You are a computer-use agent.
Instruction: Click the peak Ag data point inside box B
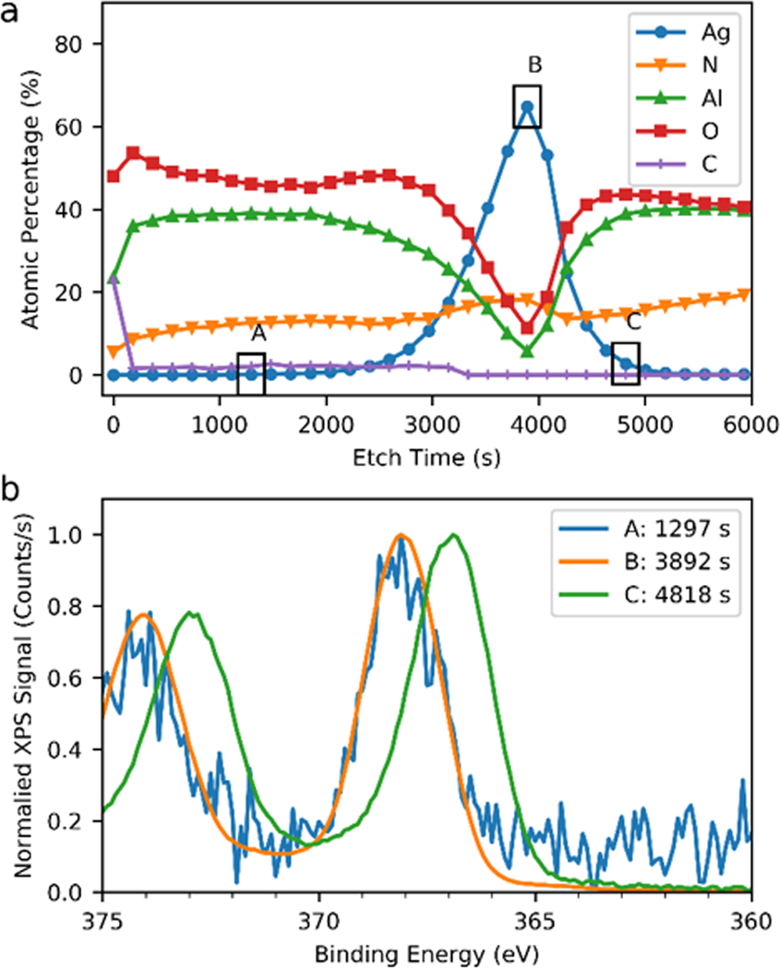click(x=527, y=106)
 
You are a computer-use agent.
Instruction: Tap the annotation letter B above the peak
click(x=534, y=65)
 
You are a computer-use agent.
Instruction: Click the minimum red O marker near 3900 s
click(x=527, y=328)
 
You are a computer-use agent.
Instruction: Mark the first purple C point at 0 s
click(x=114, y=277)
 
